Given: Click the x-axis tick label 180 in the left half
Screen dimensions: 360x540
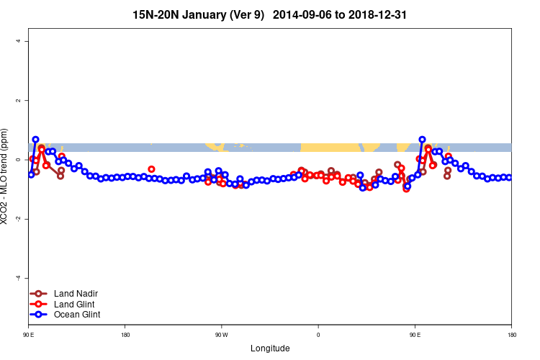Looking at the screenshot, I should click(125, 334).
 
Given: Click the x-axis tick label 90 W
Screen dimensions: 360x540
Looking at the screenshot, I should click(221, 334).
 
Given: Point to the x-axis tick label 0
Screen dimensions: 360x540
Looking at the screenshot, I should click(318, 334).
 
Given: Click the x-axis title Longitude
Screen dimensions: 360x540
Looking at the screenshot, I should click(270, 348).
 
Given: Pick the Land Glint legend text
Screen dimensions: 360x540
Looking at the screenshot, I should click(76, 304).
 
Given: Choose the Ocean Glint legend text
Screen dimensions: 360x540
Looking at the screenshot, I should click(77, 315).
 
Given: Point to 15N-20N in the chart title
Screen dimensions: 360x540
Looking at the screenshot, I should click(156, 14).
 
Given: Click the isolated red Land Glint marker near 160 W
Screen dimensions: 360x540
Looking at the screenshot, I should click(151, 169).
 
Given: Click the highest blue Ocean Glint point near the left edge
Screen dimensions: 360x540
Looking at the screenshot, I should click(35, 139).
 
